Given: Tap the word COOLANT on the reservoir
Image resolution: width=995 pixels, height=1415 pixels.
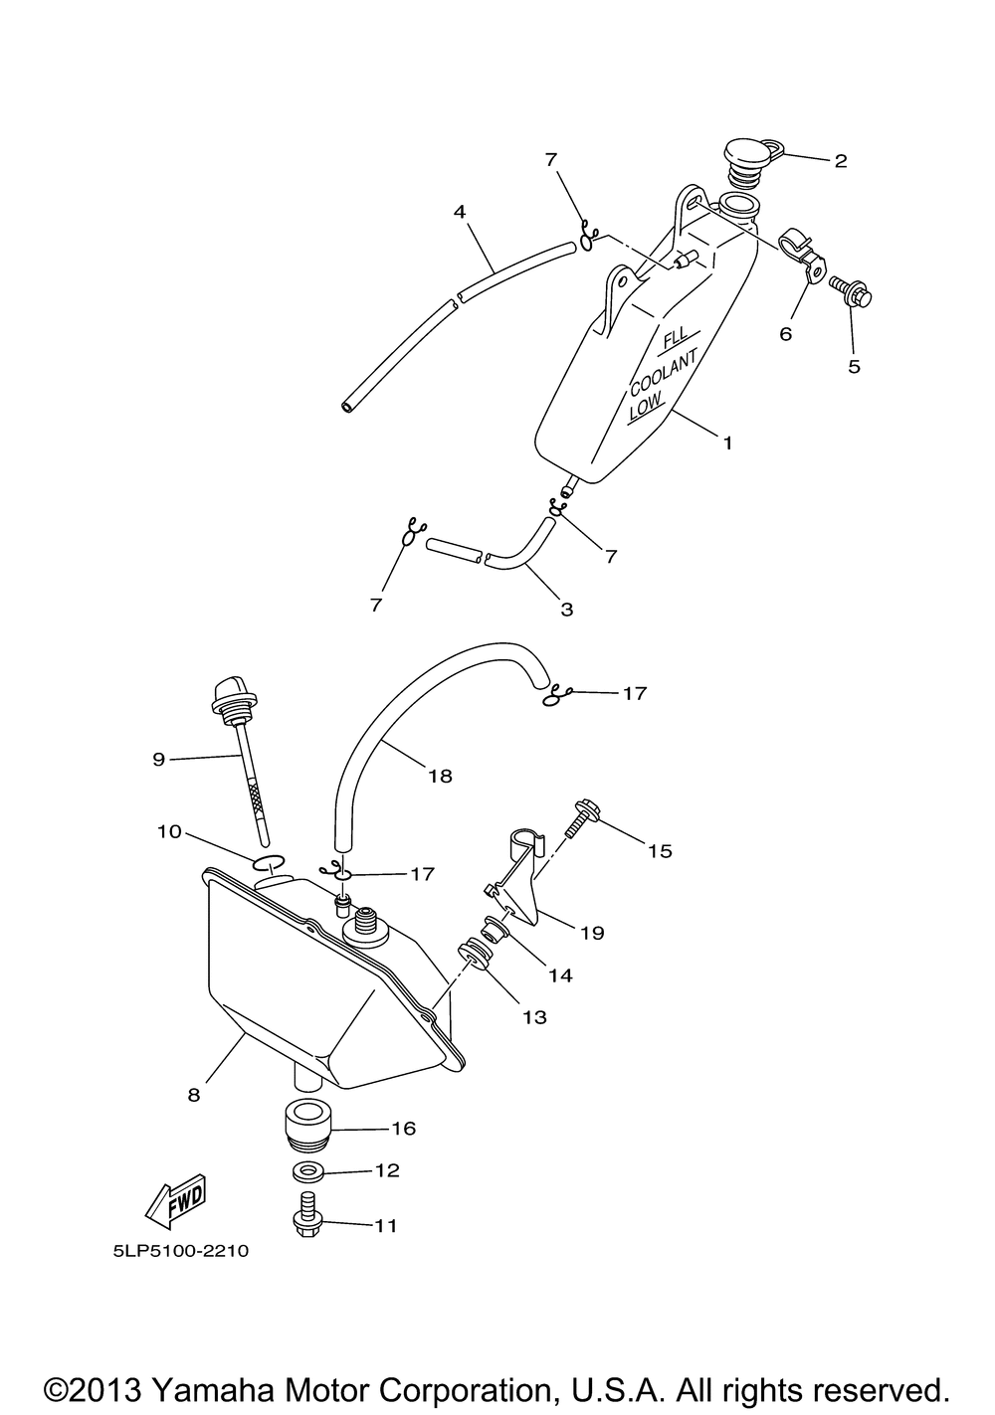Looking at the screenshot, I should (665, 376).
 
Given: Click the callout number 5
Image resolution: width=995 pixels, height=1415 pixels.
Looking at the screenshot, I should (854, 366).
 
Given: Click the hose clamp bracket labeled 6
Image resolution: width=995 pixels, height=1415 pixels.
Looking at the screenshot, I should (805, 255).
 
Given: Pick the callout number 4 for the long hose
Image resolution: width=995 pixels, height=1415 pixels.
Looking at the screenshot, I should (459, 211).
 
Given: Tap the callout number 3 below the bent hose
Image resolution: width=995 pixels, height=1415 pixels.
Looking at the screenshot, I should (567, 610).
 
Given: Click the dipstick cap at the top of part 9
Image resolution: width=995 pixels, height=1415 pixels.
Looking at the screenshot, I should (228, 697).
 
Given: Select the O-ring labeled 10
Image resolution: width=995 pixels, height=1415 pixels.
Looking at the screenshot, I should (269, 861).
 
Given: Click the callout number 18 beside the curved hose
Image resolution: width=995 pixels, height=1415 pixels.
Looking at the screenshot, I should (439, 776).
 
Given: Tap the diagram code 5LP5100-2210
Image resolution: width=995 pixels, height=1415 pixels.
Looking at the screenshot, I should (180, 1251).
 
